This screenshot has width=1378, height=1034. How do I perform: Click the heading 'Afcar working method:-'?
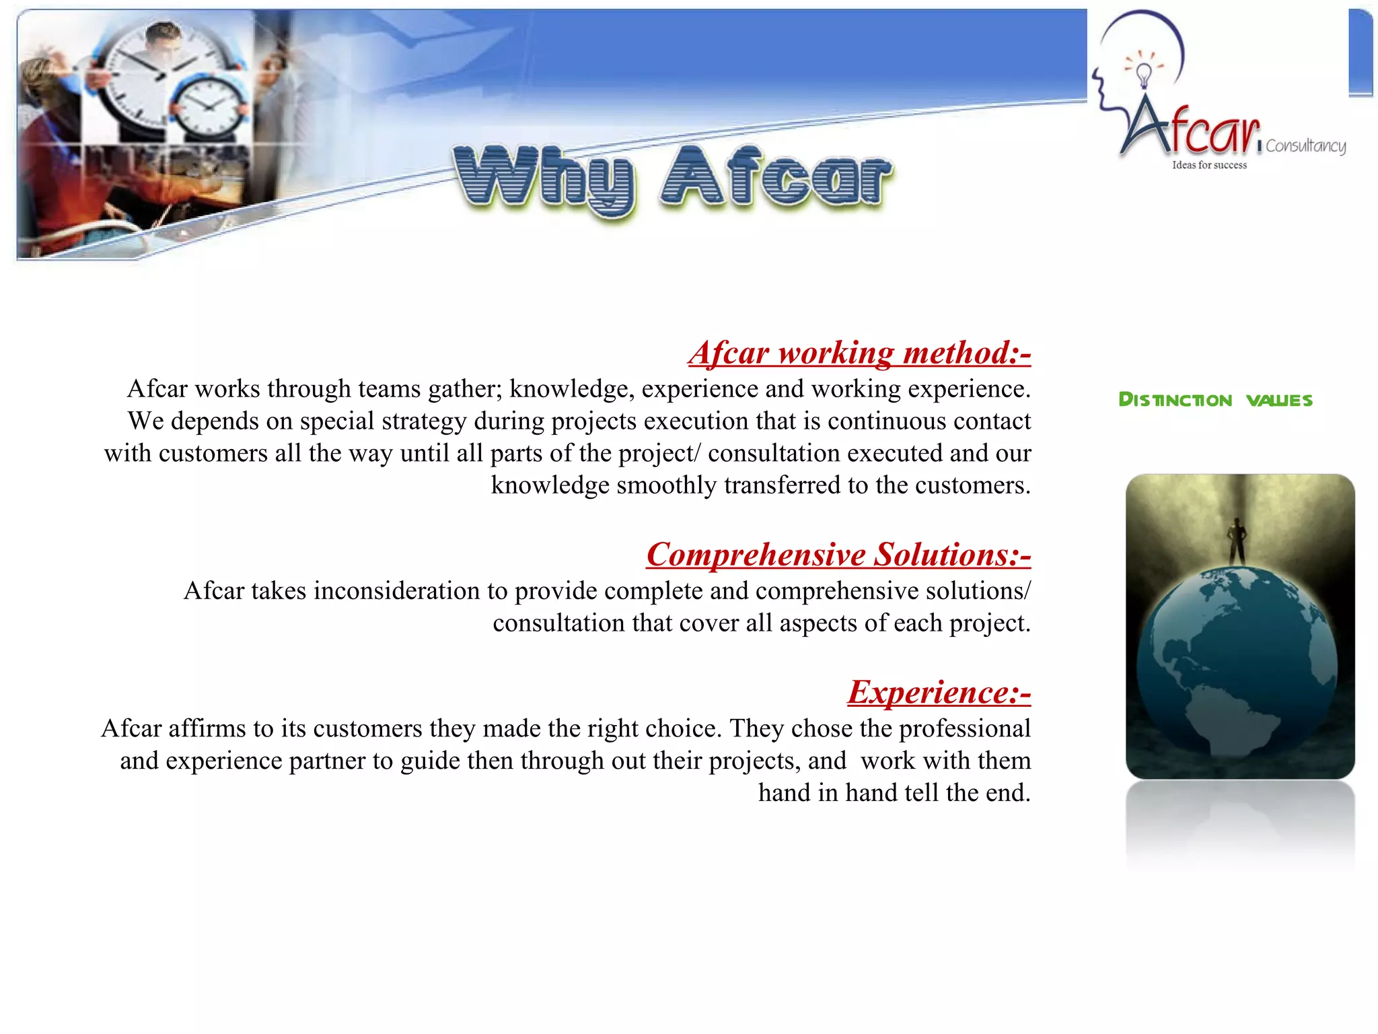[859, 353]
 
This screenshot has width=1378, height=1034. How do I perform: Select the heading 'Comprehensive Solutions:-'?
[838, 555]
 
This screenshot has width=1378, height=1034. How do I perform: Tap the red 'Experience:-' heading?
[939, 693]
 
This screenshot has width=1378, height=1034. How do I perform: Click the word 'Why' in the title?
[544, 178]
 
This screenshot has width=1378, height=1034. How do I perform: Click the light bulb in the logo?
[1143, 73]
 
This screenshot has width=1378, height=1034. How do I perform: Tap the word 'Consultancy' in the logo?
[1305, 146]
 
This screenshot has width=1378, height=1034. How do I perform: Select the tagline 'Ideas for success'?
[1209, 165]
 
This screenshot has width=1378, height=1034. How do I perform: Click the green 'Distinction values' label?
[1215, 400]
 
